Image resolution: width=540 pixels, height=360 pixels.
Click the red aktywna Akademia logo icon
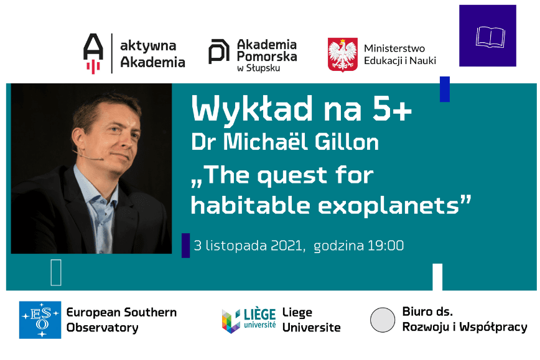[93, 53]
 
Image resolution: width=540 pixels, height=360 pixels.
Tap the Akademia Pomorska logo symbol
[219, 52]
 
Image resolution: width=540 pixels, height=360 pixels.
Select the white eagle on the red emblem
[343, 55]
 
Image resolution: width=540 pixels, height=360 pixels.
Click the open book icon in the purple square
[488, 37]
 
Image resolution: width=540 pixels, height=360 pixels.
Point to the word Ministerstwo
[394, 48]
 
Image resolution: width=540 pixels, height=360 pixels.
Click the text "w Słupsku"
[259, 68]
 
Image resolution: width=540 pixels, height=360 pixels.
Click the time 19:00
[386, 246]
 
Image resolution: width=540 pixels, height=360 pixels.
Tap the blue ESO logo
[40, 320]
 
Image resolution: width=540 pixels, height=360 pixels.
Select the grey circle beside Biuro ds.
[383, 320]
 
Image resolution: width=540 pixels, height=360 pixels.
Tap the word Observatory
[102, 328]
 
